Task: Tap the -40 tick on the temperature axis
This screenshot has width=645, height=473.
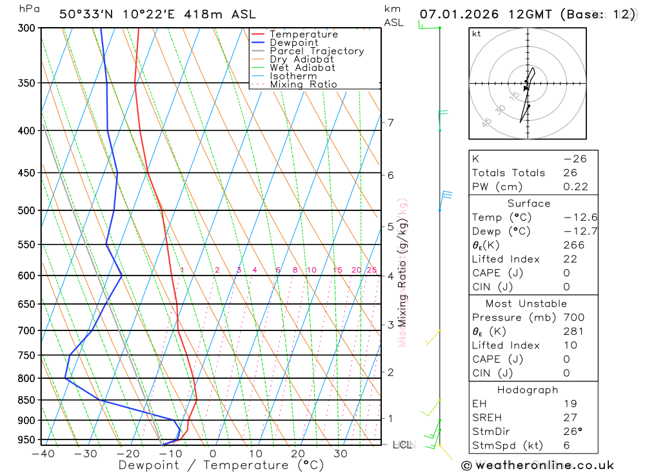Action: pyautogui.click(x=43, y=454)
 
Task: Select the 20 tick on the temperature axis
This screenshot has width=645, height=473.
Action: pyautogui.click(x=298, y=454)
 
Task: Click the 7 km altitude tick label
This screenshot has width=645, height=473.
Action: pyautogui.click(x=390, y=123)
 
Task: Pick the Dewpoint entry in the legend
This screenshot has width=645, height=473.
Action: pyautogui.click(x=294, y=43)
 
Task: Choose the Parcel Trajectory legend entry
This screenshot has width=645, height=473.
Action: pyautogui.click(x=317, y=51)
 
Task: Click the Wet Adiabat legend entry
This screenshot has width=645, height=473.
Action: pyautogui.click(x=303, y=68)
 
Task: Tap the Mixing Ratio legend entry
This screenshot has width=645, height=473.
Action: pyautogui.click(x=303, y=85)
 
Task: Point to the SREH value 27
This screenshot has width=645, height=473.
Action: pyautogui.click(x=570, y=418)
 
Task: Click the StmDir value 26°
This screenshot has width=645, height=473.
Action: pyautogui.click(x=570, y=432)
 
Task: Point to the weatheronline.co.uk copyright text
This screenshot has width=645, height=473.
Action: pyautogui.click(x=537, y=465)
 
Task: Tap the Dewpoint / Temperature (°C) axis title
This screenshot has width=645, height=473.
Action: pyautogui.click(x=221, y=465)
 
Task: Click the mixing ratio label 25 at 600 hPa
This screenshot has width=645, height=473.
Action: pyautogui.click(x=372, y=270)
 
